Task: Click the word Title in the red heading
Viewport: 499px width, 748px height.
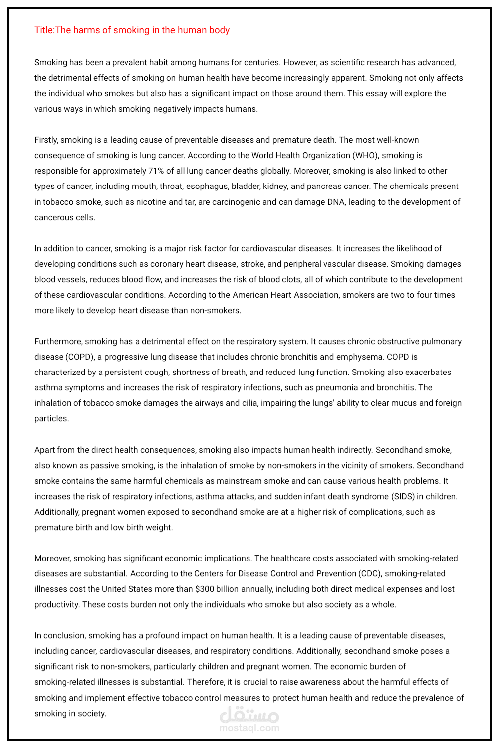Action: coord(43,30)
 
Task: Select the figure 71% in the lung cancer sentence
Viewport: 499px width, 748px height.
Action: coord(156,171)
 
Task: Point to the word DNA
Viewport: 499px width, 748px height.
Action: coord(336,202)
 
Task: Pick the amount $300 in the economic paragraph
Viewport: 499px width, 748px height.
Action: coord(205,589)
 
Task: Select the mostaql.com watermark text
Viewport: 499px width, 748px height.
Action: coord(249,728)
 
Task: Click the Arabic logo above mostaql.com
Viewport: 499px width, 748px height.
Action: coord(249,715)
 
